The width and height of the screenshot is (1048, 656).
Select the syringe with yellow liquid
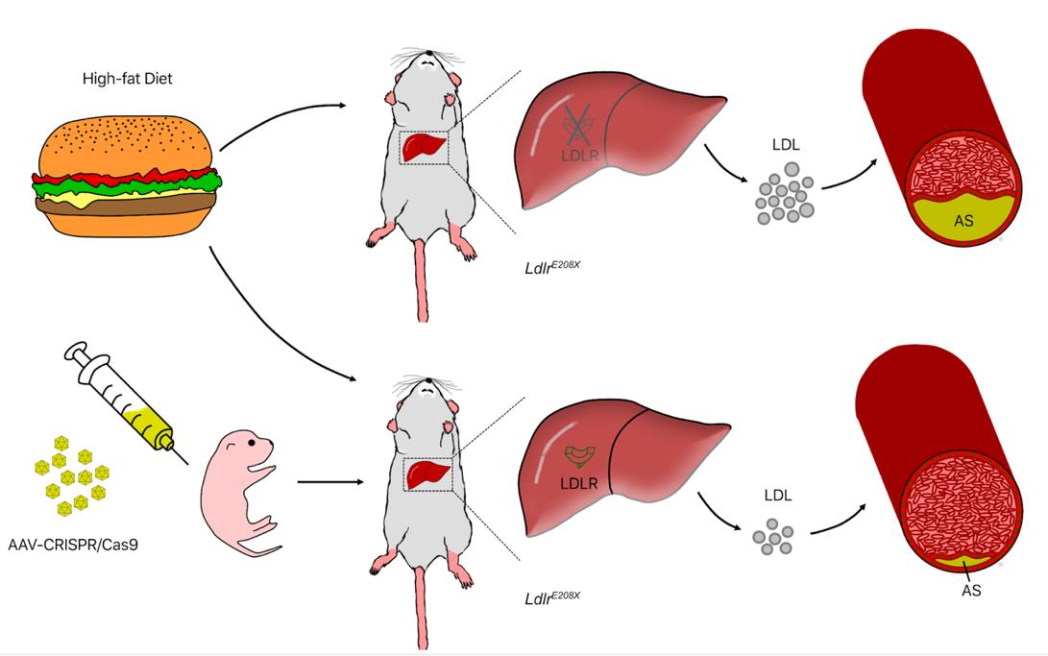click(121, 398)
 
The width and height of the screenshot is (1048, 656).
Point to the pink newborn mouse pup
click(241, 490)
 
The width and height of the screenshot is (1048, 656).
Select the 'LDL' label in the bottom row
click(778, 496)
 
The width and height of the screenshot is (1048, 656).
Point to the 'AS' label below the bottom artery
click(971, 591)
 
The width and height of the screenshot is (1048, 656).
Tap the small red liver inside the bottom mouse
click(424, 475)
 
